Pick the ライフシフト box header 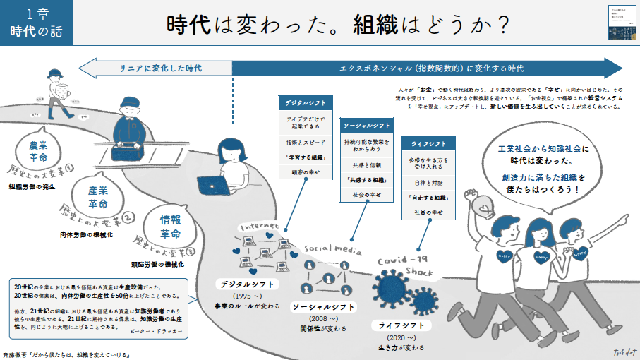426,145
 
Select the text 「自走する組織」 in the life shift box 426,197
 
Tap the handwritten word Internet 260,227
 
